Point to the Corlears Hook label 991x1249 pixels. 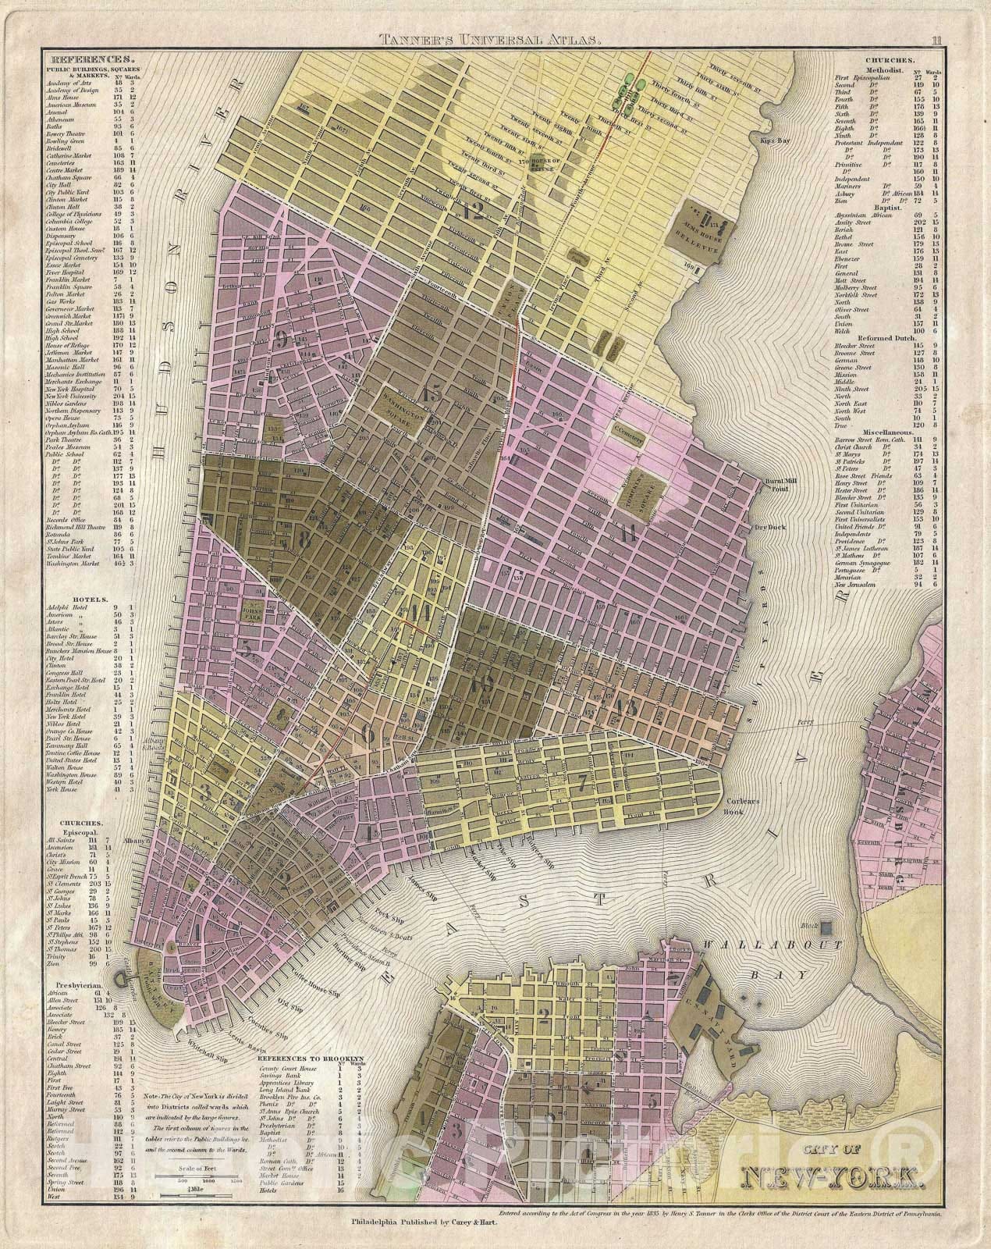(755, 806)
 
